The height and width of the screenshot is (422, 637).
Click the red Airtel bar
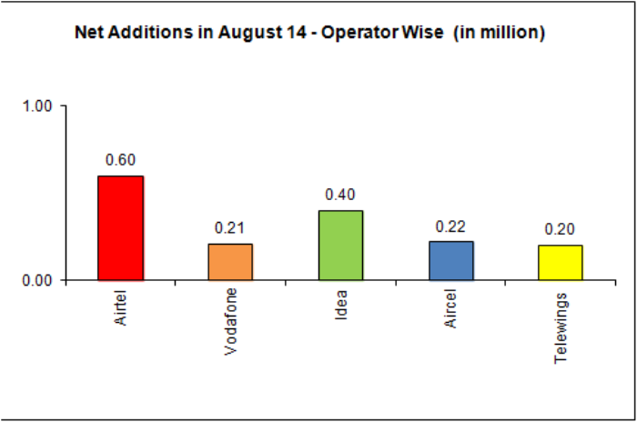click(120, 227)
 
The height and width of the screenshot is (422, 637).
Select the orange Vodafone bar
click(230, 261)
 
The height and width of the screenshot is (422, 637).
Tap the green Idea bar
click(340, 245)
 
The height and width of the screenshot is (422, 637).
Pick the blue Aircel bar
click(450, 260)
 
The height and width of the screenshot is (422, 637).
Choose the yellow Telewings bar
click(560, 262)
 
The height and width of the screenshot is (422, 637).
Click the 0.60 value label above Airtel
click(120, 160)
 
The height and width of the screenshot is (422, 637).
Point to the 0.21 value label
click(229, 227)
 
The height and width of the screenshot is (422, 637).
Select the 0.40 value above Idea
click(340, 195)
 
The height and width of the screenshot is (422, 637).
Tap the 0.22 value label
click(450, 226)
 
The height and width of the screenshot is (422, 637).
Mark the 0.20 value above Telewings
click(560, 229)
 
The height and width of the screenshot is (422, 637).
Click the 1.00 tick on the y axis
click(38, 105)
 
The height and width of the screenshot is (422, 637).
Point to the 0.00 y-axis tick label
click(38, 280)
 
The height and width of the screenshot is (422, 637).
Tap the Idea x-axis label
click(340, 304)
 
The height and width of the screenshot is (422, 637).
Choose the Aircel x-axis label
click(450, 307)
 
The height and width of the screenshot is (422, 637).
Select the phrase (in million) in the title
click(499, 34)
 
